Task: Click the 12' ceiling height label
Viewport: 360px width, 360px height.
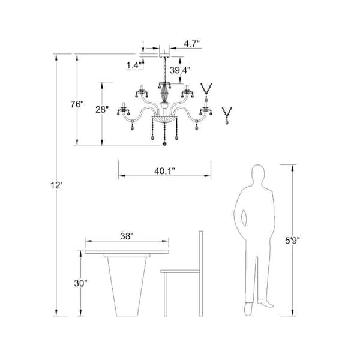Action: pyautogui.click(x=56, y=185)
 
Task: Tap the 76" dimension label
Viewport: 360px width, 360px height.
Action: pyautogui.click(x=77, y=104)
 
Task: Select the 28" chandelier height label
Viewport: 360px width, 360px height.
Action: pyautogui.click(x=102, y=110)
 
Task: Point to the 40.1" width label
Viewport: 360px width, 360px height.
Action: pyautogui.click(x=164, y=171)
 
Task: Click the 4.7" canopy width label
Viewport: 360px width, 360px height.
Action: pyautogui.click(x=191, y=44)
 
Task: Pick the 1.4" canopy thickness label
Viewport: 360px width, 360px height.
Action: pyautogui.click(x=134, y=65)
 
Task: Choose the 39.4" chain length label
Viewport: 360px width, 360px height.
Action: pyautogui.click(x=180, y=70)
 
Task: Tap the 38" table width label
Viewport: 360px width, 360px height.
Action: pyautogui.click(x=127, y=236)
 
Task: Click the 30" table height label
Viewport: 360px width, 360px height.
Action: pyautogui.click(x=80, y=283)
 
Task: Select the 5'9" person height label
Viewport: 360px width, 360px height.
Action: pyautogui.click(x=292, y=241)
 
